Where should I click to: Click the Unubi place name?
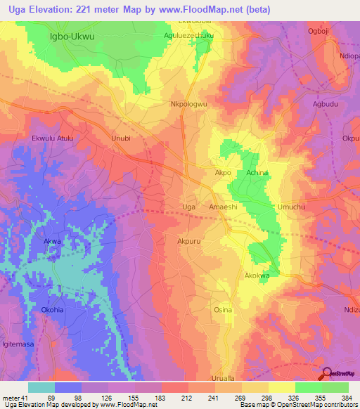point(122,138)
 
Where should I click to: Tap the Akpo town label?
point(222,171)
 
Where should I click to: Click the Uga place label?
point(188,207)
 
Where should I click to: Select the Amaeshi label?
point(225,207)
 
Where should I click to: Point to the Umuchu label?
point(291,207)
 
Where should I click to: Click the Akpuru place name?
point(191,240)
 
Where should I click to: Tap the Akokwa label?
point(257,275)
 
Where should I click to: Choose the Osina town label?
point(223,309)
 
